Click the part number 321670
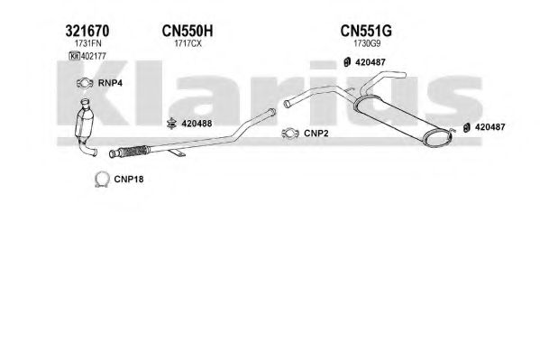(87, 31)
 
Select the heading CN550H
(188, 31)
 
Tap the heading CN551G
(366, 31)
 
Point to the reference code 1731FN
(87, 44)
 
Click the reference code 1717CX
(188, 44)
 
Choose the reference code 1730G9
(367, 44)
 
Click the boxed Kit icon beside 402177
(75, 56)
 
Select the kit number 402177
(94, 56)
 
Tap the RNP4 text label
(110, 83)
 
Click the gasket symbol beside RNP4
(85, 83)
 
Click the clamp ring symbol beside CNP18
(102, 179)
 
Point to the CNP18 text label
(129, 180)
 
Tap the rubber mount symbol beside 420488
(171, 124)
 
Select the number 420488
(197, 124)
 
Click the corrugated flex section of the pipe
(133, 151)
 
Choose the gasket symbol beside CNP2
(290, 134)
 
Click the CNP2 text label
(316, 134)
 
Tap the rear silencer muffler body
(403, 121)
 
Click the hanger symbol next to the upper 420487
(347, 62)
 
